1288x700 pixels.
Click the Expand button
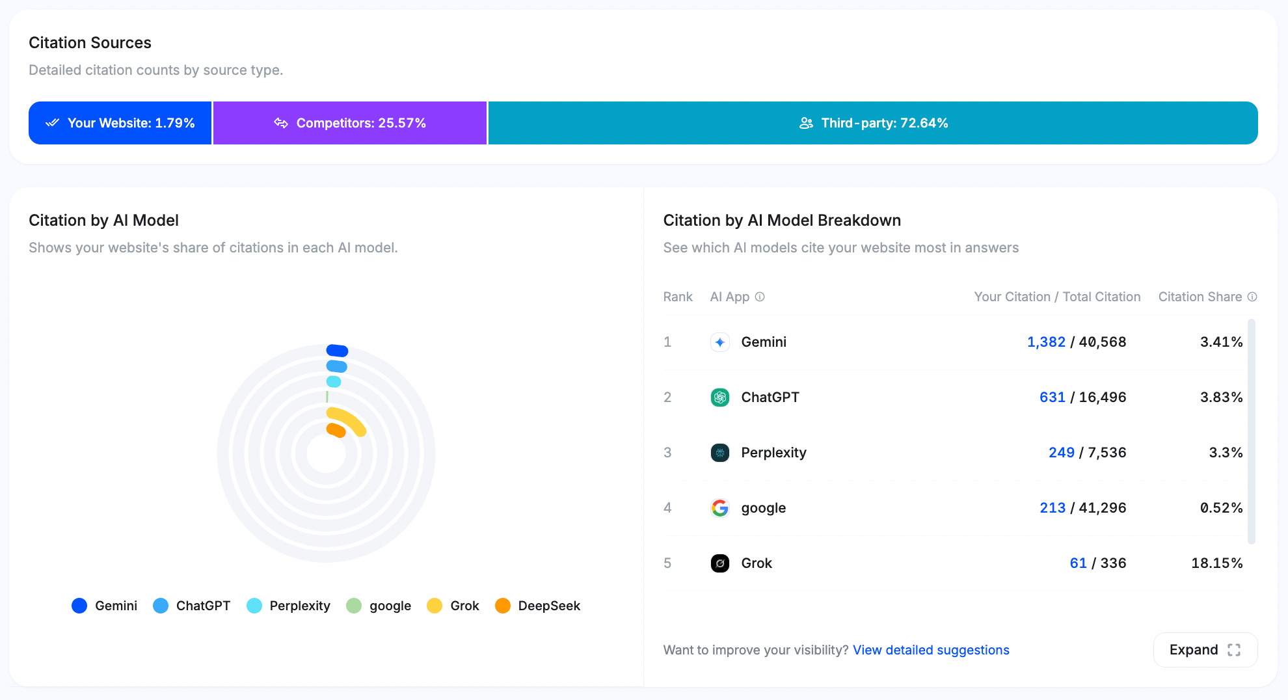click(1205, 650)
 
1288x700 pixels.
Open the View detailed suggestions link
click(931, 650)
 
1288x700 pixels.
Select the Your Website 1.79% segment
click(120, 123)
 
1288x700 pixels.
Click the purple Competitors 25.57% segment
click(350, 123)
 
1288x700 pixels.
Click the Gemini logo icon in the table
click(719, 342)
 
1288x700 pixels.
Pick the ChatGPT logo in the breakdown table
click(719, 397)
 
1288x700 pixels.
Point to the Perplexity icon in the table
click(719, 453)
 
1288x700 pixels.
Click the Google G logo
click(719, 508)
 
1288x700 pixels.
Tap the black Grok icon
click(719, 563)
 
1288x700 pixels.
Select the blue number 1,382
click(1046, 342)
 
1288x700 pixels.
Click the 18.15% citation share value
click(1216, 563)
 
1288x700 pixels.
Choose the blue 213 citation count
click(1053, 508)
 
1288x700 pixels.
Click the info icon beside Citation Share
click(1252, 297)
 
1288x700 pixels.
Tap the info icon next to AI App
click(760, 297)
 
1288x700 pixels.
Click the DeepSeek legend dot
click(503, 606)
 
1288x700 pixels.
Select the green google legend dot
click(354, 606)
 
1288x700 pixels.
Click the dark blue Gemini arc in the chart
click(337, 351)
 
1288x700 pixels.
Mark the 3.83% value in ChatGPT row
click(1221, 397)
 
